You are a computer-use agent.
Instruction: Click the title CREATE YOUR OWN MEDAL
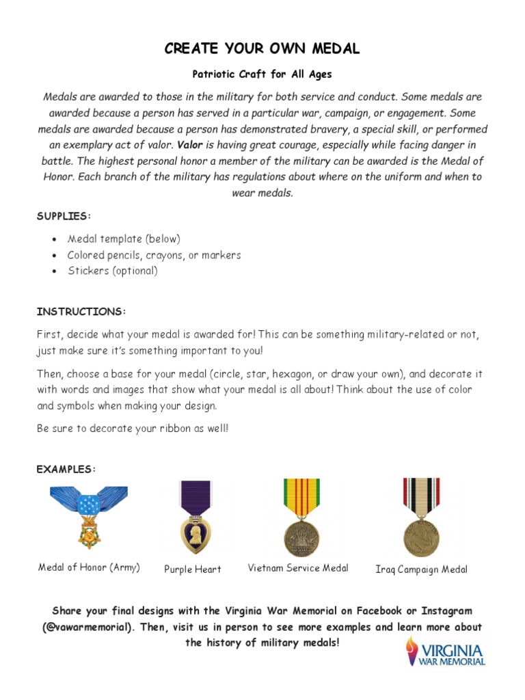pos(262,49)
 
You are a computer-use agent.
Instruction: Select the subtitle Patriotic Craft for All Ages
pos(262,74)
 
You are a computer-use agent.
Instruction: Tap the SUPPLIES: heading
pos(64,216)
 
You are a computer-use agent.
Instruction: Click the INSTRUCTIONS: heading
pos(81,312)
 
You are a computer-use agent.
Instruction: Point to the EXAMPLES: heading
pos(66,469)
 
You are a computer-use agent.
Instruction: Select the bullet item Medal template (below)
pos(124,239)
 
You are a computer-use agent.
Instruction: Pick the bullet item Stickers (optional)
pos(112,271)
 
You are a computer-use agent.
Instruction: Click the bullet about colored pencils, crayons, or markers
pos(154,255)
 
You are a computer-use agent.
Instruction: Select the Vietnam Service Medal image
pos(301,517)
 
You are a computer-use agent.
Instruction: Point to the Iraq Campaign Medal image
pos(421,517)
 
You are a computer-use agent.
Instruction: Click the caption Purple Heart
pos(193,569)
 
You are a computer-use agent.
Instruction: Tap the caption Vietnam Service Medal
pos(298,568)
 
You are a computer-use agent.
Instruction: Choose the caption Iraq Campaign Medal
pos(422,569)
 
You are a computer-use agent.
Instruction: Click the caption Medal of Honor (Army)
pos(89,567)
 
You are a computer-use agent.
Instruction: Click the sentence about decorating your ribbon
pos(133,429)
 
